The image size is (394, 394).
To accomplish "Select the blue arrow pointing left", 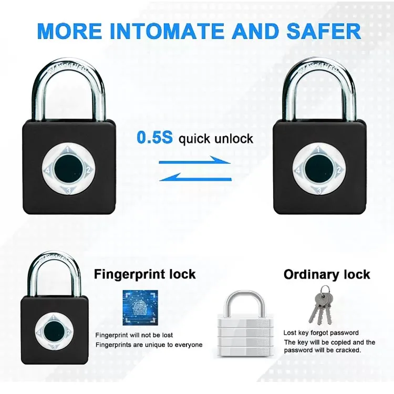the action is coord(195,178).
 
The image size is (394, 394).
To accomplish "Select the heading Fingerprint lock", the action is coord(144,274).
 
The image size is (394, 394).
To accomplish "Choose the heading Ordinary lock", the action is coord(327,274).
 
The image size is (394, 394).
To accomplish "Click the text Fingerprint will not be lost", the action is coord(134,335).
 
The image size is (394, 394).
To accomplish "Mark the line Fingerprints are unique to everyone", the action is coord(149,345).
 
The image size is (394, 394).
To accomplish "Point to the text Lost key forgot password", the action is coord(321,333).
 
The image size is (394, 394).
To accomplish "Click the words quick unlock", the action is coord(216,139).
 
